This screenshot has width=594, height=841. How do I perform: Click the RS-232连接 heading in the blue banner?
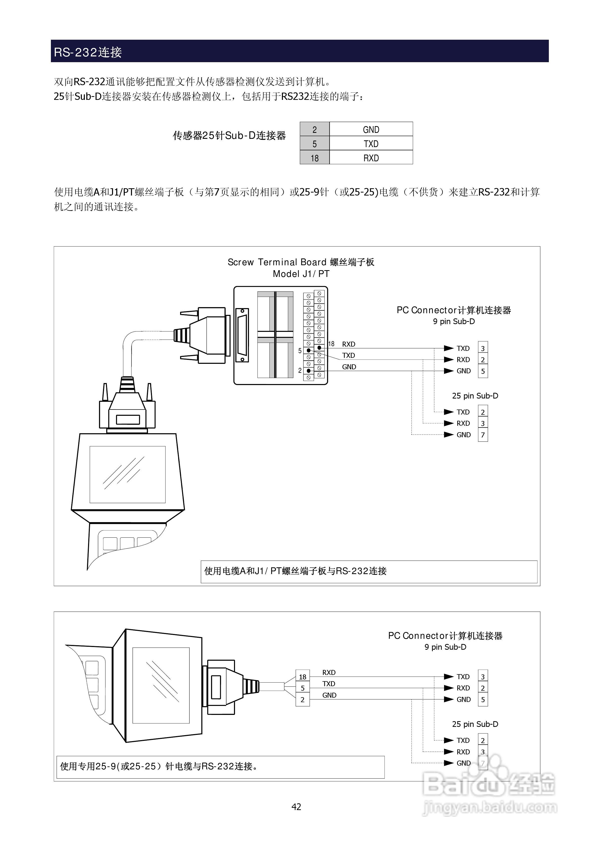[x=88, y=52]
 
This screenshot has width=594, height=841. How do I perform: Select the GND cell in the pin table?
[x=371, y=129]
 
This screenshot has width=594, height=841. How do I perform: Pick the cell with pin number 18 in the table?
[x=314, y=158]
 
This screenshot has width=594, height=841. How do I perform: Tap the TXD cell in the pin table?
[x=371, y=144]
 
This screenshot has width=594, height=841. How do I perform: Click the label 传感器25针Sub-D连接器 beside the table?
[x=229, y=136]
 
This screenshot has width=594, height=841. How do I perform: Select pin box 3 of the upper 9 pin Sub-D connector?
[x=482, y=348]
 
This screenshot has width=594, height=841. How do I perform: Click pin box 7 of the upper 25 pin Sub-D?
[x=482, y=435]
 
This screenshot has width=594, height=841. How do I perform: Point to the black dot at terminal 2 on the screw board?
[x=309, y=371]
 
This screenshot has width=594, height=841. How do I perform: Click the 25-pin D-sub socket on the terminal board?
[x=242, y=335]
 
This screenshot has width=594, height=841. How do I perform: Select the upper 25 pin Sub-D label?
[x=475, y=396]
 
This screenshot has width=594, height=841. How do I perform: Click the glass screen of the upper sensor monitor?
[x=127, y=474]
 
